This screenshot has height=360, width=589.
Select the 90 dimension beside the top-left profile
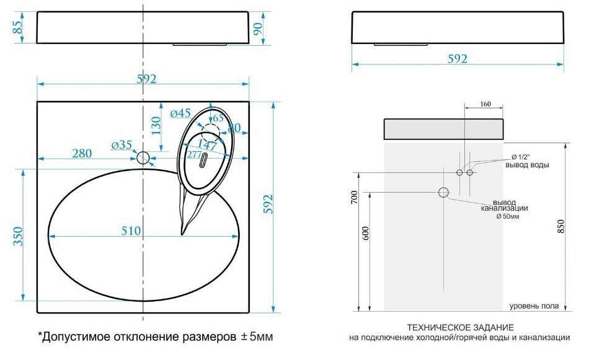tap(259, 28)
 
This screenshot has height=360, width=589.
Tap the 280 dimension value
tap(82, 153)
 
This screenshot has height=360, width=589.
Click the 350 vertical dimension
tap(18, 237)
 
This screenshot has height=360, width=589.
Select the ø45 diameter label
tap(180, 113)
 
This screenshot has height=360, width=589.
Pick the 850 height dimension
tap(561, 227)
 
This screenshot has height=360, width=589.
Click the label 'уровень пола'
tap(534, 306)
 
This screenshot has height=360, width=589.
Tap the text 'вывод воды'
tap(527, 165)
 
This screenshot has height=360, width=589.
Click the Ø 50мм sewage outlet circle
tap(443, 193)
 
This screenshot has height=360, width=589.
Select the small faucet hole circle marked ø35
tap(143, 158)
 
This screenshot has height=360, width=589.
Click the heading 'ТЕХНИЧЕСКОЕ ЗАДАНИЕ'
tap(460, 327)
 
